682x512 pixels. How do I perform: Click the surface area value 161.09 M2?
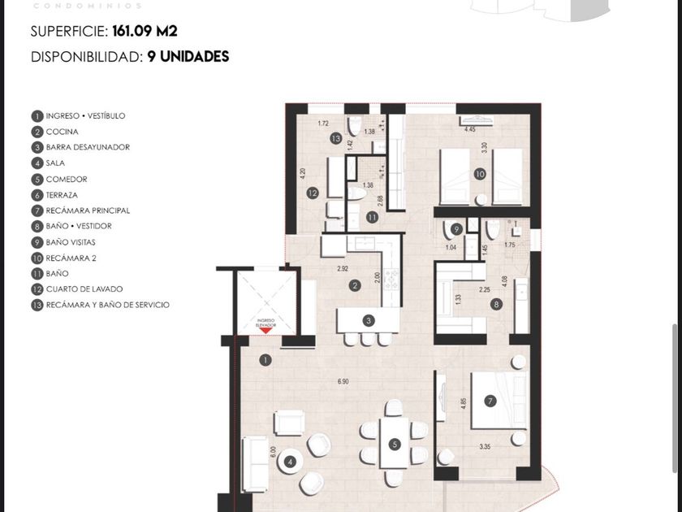145,32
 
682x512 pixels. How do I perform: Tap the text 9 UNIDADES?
188,57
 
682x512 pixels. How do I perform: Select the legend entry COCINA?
63,132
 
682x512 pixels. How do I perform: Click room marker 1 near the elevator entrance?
265,359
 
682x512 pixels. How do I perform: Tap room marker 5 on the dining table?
395,445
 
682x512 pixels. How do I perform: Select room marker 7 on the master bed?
490,401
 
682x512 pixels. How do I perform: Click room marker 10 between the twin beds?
480,173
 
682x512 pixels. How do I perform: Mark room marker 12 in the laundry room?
312,193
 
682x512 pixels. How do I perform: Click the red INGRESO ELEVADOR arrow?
265,327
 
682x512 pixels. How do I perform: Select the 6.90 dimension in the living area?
343,381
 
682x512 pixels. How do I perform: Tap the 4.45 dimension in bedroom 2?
469,130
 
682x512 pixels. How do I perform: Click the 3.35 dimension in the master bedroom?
486,446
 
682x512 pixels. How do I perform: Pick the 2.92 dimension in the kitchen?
343,267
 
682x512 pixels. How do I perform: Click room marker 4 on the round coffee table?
290,462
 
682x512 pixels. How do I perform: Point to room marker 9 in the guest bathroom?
457,230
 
